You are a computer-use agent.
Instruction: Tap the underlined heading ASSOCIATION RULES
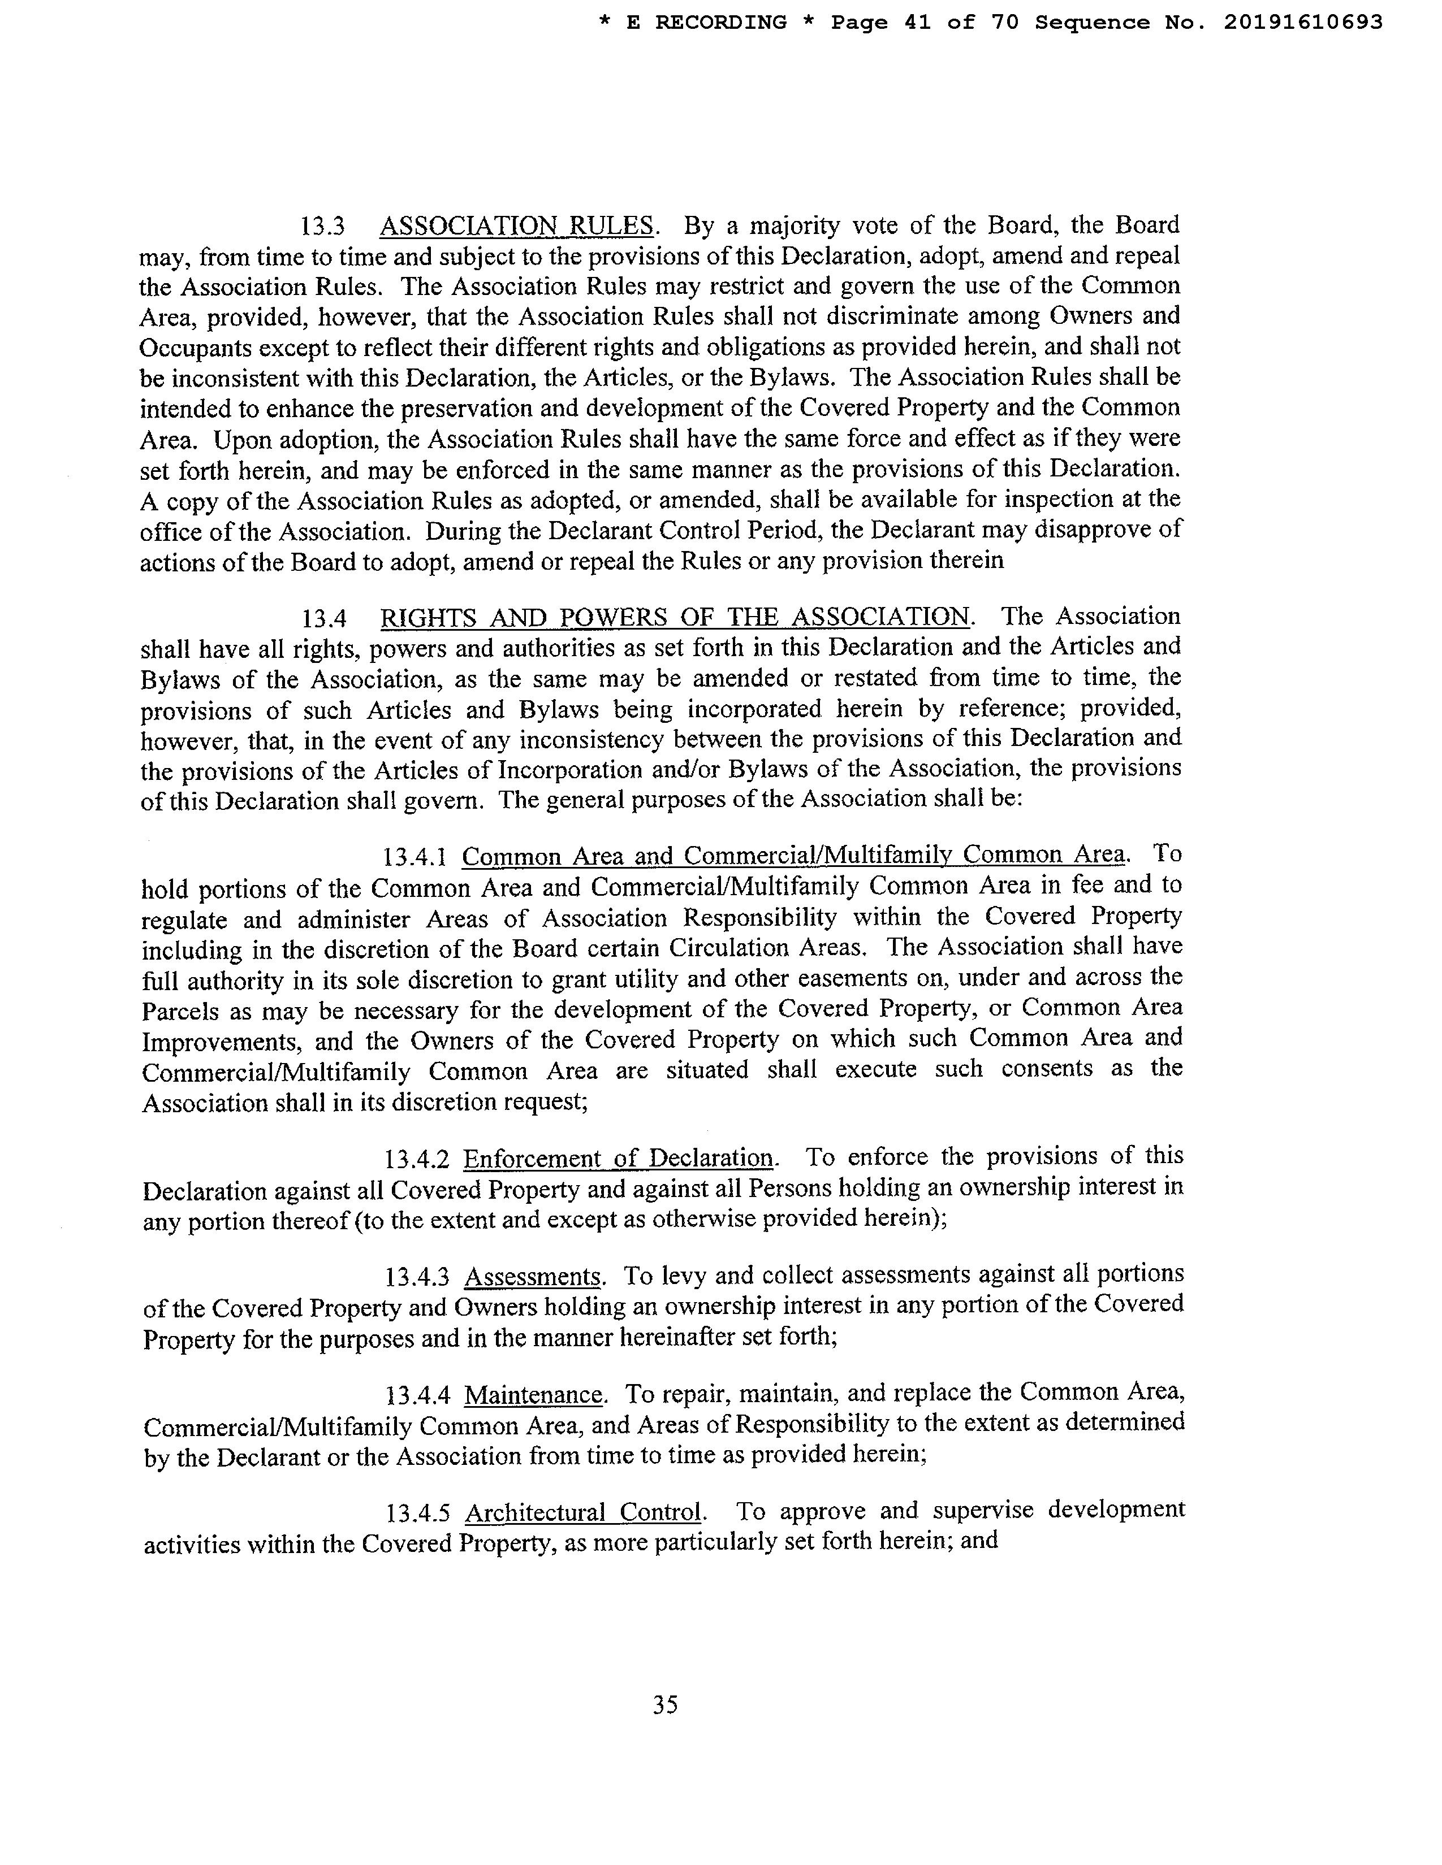517,226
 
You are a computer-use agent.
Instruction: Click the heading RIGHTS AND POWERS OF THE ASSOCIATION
675,617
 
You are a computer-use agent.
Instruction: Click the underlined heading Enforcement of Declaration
619,1158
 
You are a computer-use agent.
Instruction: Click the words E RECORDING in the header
706,23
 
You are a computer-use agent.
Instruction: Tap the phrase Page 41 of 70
925,23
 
